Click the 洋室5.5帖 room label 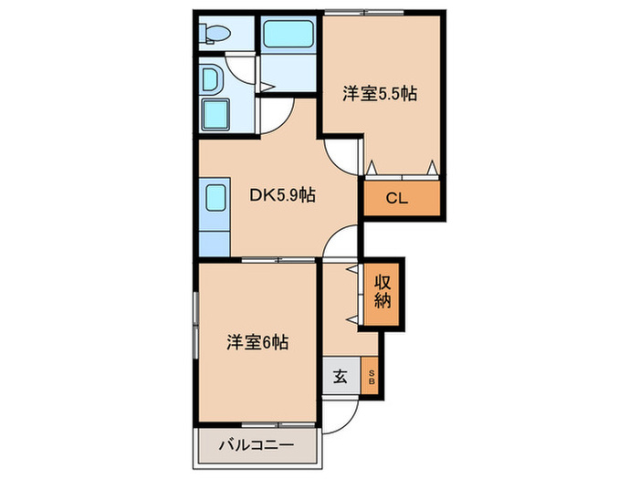coord(380,93)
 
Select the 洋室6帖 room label coord(258,343)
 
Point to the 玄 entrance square coord(340,378)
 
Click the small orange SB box coord(372,378)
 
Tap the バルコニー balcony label coord(256,446)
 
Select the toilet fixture coord(216,34)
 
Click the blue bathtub coord(288,36)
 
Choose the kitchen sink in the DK coord(215,199)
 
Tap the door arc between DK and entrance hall coord(341,244)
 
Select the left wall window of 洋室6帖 coord(195,325)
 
